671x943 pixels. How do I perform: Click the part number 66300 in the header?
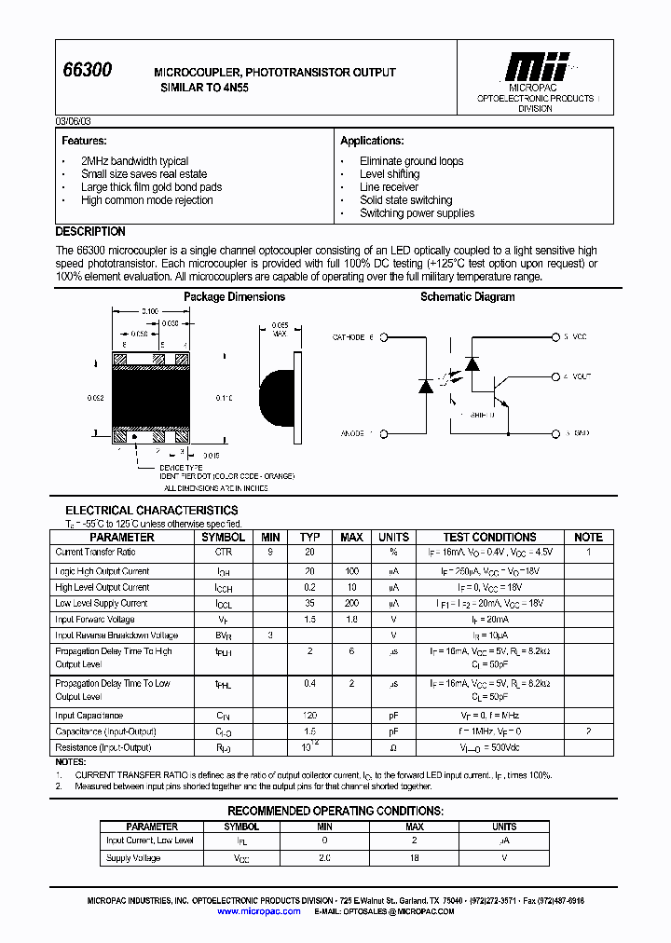[87, 71]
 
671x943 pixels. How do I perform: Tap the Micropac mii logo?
[535, 67]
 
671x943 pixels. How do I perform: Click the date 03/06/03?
[74, 122]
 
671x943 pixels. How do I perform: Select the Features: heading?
[84, 141]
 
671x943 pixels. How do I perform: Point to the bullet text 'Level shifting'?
[390, 174]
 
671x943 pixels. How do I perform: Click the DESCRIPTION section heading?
[90, 231]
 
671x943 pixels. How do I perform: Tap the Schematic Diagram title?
[467, 297]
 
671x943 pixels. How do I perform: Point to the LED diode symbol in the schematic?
[427, 384]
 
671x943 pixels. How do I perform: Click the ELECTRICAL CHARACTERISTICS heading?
[151, 511]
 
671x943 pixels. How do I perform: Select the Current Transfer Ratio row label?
[95, 553]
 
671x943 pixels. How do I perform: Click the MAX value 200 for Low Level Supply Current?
[351, 603]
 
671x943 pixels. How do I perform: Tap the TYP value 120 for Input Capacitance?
[309, 715]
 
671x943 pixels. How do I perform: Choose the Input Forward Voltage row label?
[95, 620]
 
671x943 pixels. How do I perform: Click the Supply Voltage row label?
[131, 858]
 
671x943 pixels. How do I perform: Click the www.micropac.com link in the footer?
[259, 911]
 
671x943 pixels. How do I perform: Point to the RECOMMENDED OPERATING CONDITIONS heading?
[335, 811]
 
